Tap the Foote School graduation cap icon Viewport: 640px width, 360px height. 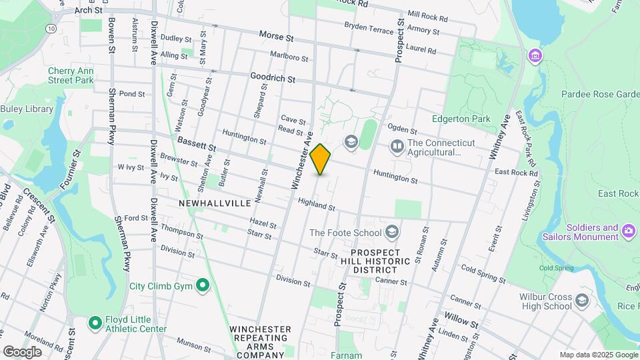pyautogui.click(x=393, y=232)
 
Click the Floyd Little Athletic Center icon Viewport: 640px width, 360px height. pyautogui.click(x=95, y=323)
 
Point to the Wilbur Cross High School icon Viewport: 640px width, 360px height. pyautogui.click(x=581, y=300)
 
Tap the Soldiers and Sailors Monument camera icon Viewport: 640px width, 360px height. pyautogui.click(x=628, y=232)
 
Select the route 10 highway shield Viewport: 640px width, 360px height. pyautogui.click(x=51, y=29)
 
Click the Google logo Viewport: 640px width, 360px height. pyautogui.click(x=22, y=351)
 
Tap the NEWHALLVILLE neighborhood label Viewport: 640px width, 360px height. pyautogui.click(x=214, y=202)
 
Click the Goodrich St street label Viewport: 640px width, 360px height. pyautogui.click(x=273, y=79)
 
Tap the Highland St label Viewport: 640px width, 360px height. pyautogui.click(x=316, y=204)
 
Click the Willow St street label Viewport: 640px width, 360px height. pyautogui.click(x=461, y=321)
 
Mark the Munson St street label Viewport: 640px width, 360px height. pyautogui.click(x=194, y=344)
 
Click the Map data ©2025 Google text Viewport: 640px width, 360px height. pyautogui.click(x=597, y=355)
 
